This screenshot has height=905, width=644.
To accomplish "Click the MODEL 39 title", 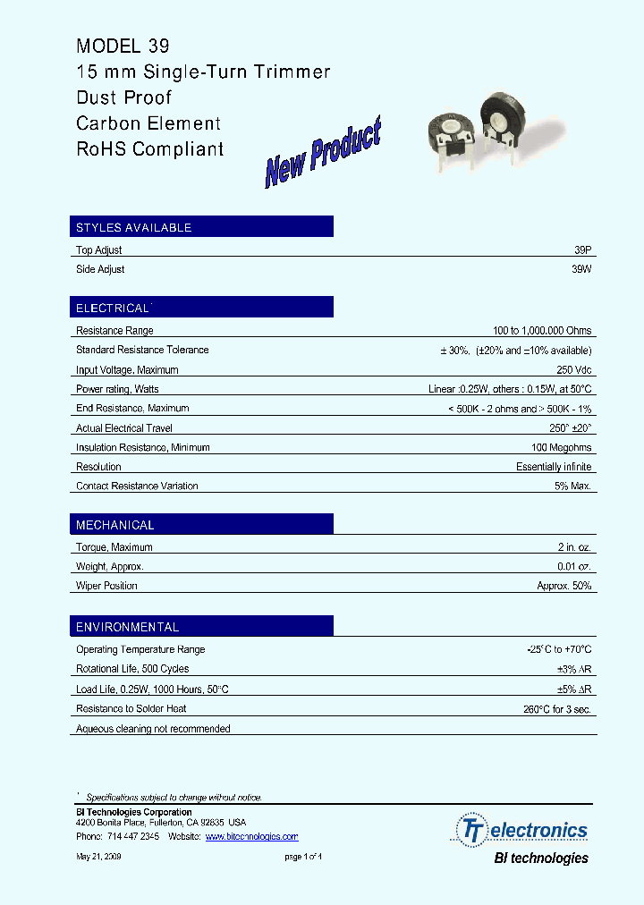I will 123,46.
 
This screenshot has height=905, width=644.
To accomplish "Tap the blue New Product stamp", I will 323,154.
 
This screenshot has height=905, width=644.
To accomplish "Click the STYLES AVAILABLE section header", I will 134,227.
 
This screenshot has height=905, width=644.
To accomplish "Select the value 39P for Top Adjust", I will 582,250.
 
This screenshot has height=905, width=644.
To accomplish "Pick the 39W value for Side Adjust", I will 581,269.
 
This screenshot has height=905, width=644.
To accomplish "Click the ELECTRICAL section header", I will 113,308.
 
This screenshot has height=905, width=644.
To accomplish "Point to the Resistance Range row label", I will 115,331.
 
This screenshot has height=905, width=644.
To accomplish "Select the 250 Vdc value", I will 573,369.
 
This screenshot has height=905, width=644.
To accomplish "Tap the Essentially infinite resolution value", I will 554,467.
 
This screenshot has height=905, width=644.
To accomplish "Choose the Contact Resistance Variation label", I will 137,486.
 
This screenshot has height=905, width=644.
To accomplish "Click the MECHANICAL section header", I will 115,525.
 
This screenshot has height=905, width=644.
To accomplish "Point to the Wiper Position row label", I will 106,586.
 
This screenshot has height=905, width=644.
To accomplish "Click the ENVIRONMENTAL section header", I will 128,627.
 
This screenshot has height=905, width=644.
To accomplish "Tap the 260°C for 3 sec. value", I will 556,709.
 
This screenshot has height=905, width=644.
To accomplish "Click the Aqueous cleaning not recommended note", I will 153,729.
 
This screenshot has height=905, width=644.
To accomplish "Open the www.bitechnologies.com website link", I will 251,837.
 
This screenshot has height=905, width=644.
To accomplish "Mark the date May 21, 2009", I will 98,857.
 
